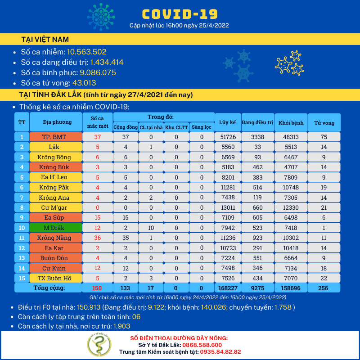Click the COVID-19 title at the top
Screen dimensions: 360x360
tap(180, 14)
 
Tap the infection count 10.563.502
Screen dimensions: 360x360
tap(86, 52)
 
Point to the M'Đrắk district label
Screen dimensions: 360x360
tap(56, 228)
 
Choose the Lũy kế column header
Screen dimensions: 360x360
tap(227, 122)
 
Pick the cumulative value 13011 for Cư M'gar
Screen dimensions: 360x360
tap(227, 207)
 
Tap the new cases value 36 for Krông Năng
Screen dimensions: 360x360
tap(97, 237)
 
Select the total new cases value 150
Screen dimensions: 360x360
tap(97, 288)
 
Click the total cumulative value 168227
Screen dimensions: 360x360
tap(227, 288)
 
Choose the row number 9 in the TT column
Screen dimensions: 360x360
tap(22, 218)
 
